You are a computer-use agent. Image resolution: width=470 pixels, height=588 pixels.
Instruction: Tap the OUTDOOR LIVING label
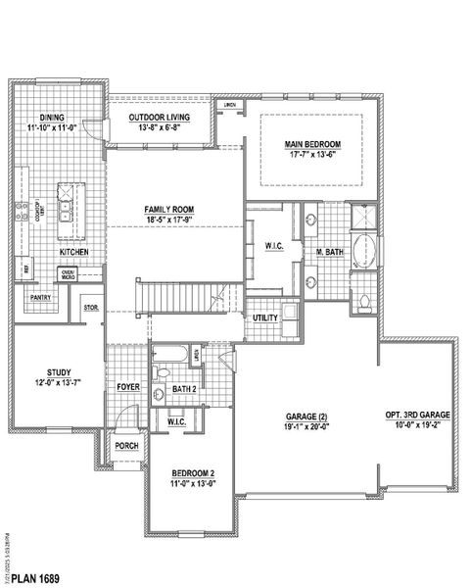tap(160, 117)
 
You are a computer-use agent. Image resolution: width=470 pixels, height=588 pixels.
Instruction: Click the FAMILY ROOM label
tap(170, 210)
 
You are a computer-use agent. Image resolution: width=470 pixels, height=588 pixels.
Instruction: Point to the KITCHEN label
tap(74, 252)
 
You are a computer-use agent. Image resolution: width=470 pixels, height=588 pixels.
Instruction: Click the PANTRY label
tap(40, 297)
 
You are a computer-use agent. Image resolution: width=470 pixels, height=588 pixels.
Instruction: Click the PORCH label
tap(126, 445)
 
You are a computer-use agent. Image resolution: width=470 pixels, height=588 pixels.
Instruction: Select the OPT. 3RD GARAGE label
tap(418, 416)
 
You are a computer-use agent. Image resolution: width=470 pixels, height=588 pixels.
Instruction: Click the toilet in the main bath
tap(364, 301)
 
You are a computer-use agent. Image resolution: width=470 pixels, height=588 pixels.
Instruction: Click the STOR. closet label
tap(91, 307)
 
